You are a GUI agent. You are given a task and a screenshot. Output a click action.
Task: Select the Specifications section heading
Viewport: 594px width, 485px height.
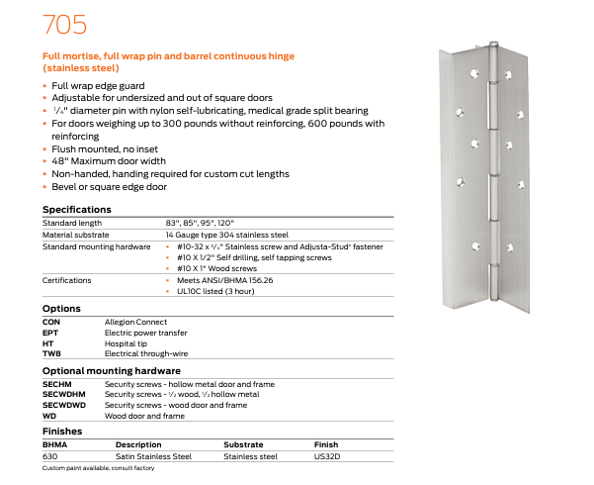click(x=75, y=210)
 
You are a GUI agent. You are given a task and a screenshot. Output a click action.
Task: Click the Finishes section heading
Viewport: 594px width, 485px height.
click(x=61, y=432)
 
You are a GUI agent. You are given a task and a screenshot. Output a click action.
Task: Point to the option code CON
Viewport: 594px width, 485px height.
click(x=51, y=323)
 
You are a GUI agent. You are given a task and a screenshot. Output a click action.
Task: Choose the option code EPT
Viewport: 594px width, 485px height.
click(x=50, y=333)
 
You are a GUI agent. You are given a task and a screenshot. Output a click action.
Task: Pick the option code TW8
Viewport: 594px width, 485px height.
click(x=51, y=353)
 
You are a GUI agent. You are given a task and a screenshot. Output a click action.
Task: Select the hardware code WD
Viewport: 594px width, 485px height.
click(x=48, y=416)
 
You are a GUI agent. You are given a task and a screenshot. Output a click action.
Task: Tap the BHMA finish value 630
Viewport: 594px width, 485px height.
click(x=49, y=456)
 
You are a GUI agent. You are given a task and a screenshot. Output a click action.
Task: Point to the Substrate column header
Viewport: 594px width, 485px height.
click(x=243, y=444)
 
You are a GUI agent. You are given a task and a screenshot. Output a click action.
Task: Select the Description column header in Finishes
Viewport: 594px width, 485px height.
click(x=137, y=444)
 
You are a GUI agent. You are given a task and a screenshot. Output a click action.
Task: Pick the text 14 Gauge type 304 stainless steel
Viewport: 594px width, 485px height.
click(x=226, y=234)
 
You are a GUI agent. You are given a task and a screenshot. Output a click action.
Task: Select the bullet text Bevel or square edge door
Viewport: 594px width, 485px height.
click(x=109, y=186)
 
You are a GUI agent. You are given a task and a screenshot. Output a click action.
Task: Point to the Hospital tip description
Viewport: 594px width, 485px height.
click(x=126, y=342)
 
